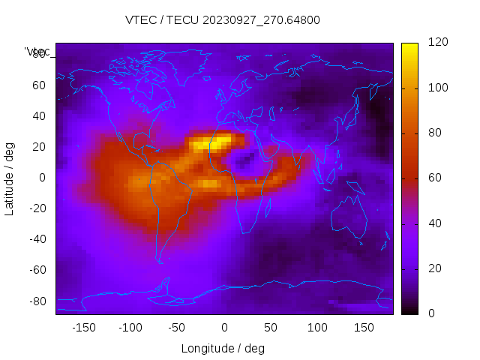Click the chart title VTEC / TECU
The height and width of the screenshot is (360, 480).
tap(223, 20)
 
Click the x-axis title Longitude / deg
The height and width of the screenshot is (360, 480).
tap(223, 348)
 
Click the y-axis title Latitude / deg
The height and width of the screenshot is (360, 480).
tap(10, 178)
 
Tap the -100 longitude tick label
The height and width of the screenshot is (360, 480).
tap(130, 328)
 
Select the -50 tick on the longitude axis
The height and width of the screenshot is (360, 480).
tap(177, 328)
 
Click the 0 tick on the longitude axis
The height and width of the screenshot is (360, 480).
tap(223, 328)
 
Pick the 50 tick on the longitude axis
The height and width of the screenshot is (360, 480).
tap(271, 328)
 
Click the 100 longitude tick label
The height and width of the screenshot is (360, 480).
tap(317, 328)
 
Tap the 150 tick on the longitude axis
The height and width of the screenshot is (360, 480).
tap(364, 328)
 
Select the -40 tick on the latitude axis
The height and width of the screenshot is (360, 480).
tap(37, 239)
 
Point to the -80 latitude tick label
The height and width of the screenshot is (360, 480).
tap(37, 301)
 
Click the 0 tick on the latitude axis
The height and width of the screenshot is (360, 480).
tap(43, 178)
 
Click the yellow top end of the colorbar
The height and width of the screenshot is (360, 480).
tap(409, 49)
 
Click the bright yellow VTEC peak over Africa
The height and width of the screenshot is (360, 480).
tap(210, 143)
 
